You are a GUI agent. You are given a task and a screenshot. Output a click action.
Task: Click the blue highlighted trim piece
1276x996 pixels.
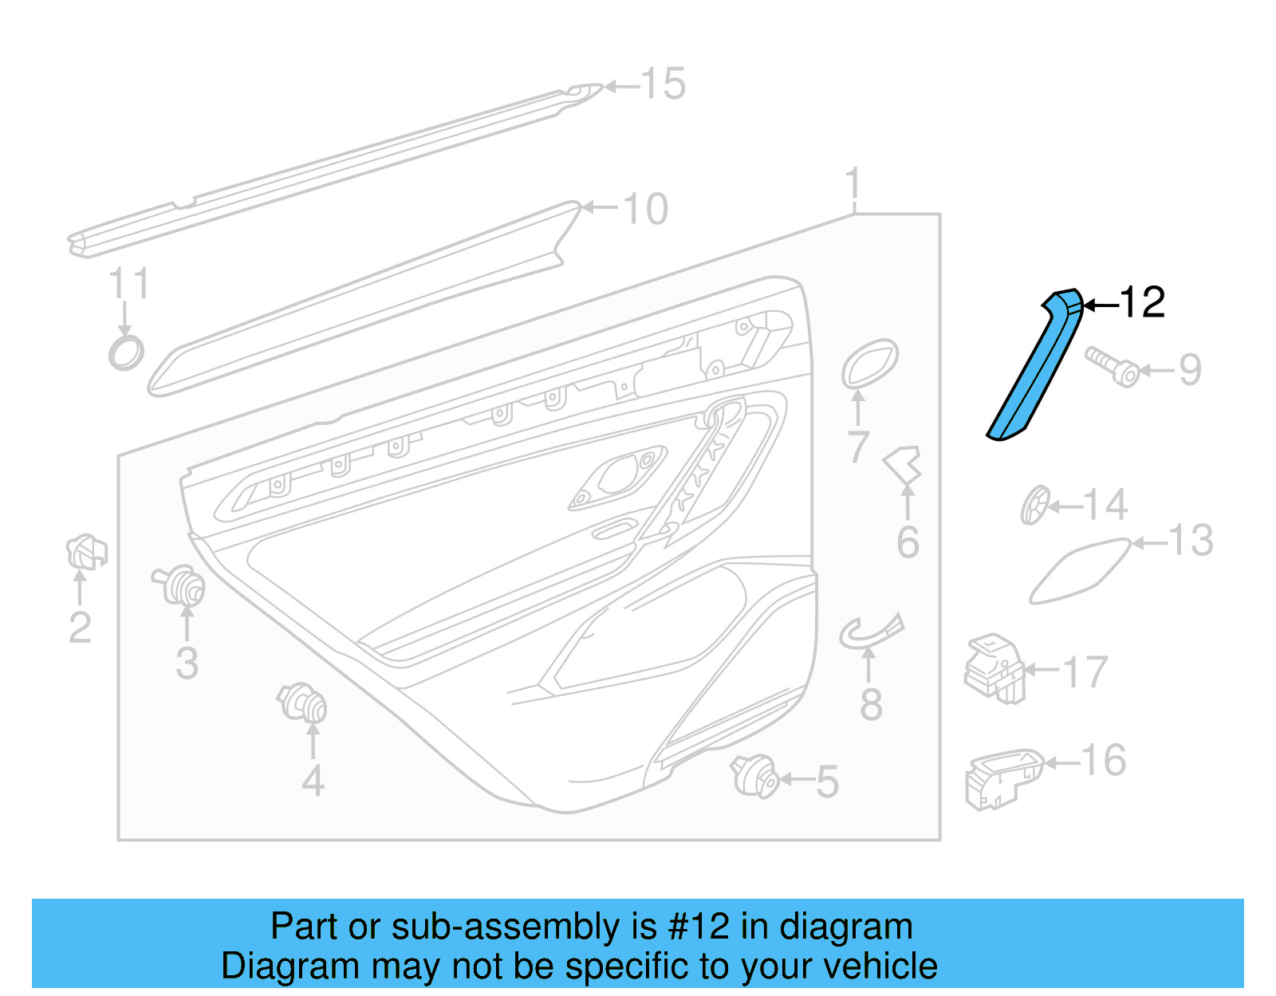pyautogui.click(x=1035, y=367)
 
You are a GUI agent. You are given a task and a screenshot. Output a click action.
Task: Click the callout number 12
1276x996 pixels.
pyautogui.click(x=1142, y=303)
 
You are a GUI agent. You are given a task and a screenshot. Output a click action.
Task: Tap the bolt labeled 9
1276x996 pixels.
pyautogui.click(x=1112, y=368)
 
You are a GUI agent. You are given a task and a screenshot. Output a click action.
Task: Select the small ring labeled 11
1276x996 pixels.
pyautogui.click(x=126, y=352)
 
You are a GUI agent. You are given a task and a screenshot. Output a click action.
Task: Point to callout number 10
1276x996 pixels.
pyautogui.click(x=644, y=210)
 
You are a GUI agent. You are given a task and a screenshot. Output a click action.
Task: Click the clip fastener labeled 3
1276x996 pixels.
pyautogui.click(x=181, y=587)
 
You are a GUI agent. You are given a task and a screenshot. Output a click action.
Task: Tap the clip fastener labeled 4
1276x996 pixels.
pyautogui.click(x=305, y=703)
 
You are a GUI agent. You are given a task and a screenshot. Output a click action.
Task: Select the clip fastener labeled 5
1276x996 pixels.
pyautogui.click(x=754, y=775)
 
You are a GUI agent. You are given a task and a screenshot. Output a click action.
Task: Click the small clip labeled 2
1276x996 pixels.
pyautogui.click(x=85, y=552)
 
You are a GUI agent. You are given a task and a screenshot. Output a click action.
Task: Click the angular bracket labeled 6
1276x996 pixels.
pyautogui.click(x=904, y=465)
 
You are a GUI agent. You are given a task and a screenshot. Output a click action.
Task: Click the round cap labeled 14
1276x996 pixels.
pyautogui.click(x=1035, y=505)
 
